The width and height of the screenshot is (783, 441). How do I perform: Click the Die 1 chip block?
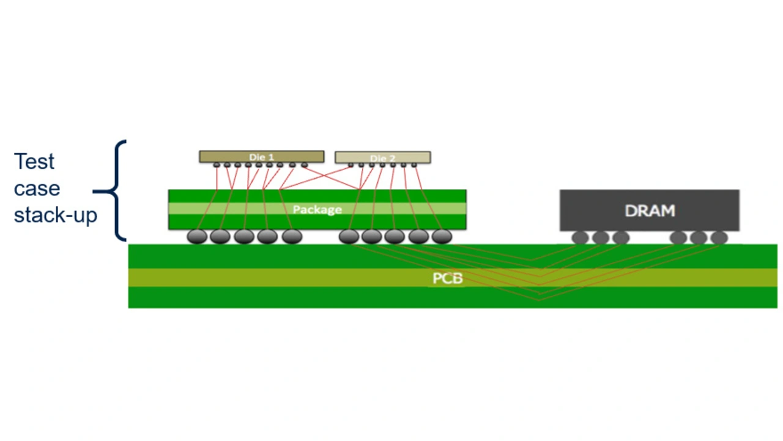[x=261, y=157]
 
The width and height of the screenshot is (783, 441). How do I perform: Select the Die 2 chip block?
[x=382, y=158]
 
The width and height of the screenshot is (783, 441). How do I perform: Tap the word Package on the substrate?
[x=317, y=210]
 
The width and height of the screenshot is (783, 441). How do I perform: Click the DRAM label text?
[x=650, y=211]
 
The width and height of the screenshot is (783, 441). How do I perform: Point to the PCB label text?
[x=448, y=278]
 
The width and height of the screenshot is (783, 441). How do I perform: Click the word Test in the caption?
[x=34, y=161]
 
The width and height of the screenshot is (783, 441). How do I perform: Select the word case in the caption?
[x=37, y=188]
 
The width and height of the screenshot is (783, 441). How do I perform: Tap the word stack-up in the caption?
[x=56, y=215]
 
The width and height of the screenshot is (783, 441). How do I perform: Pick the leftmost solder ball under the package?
[x=197, y=236]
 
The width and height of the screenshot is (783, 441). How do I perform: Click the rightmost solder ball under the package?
[x=441, y=236]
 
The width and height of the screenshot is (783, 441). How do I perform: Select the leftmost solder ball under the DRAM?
[x=580, y=237]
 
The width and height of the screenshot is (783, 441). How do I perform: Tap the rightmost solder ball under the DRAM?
[x=719, y=237]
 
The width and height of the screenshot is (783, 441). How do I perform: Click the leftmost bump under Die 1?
[x=217, y=165]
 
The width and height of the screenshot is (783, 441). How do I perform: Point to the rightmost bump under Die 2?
[x=414, y=165]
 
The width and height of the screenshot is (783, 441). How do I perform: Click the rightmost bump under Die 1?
[x=304, y=165]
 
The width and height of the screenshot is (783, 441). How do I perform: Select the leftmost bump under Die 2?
[x=351, y=165]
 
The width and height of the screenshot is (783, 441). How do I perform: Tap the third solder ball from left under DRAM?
[x=621, y=237]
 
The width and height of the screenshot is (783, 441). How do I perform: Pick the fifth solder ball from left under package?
[x=292, y=236]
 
